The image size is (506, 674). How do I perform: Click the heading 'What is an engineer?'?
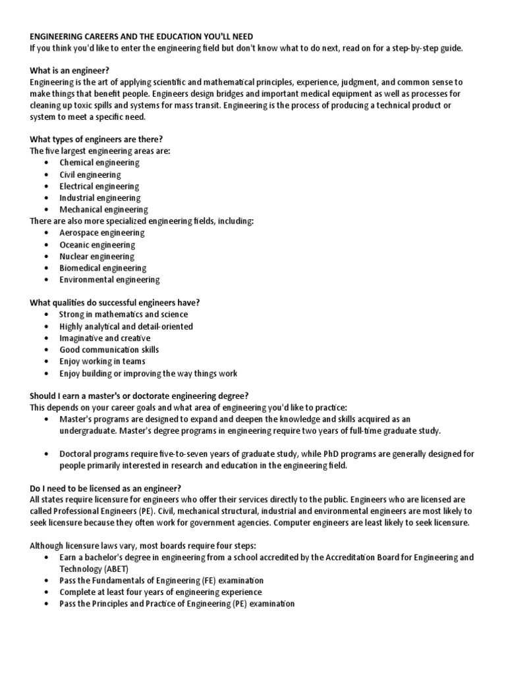(69, 70)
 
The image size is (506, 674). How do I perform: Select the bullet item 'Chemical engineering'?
(99, 163)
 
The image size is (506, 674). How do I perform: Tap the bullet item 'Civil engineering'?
(90, 174)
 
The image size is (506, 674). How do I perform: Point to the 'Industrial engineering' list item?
(99, 197)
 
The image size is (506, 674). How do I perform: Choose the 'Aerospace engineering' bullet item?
(102, 233)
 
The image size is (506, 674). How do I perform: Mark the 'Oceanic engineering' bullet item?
(97, 245)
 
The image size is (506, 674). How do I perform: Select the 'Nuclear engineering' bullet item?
(97, 256)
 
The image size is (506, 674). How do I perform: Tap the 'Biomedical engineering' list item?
(103, 268)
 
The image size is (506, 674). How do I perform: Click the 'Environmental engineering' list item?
(109, 280)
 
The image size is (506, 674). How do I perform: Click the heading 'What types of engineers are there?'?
(96, 139)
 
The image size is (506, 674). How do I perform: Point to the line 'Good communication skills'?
(109, 350)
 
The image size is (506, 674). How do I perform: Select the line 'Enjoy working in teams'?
(102, 361)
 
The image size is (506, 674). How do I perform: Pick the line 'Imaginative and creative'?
(105, 338)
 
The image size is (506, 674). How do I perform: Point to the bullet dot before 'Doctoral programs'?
(46, 454)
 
